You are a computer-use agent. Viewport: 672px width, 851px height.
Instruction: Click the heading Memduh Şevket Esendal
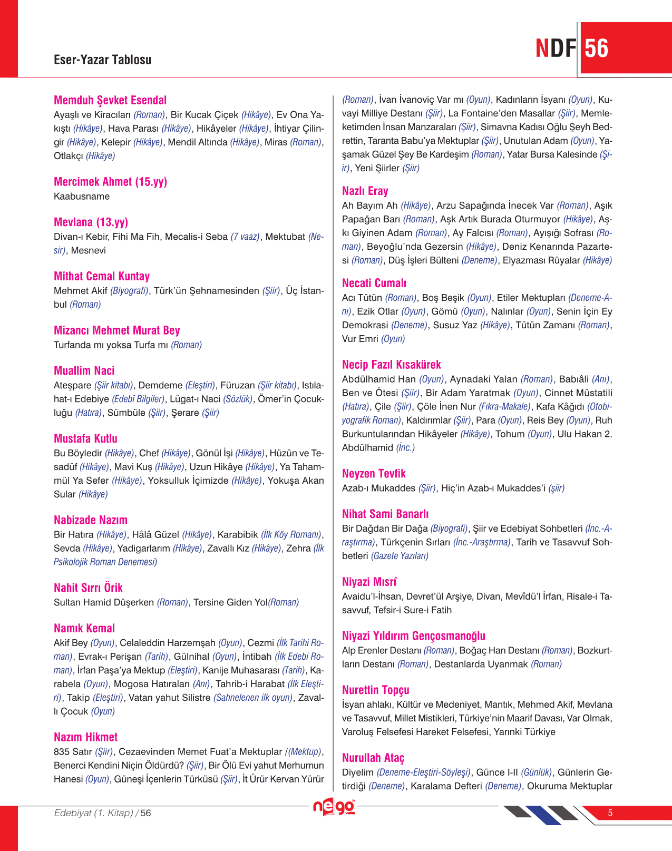[110, 100]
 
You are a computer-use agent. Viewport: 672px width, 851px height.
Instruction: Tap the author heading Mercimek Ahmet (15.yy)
[110, 182]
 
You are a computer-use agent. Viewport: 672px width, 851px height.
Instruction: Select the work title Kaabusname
[82, 197]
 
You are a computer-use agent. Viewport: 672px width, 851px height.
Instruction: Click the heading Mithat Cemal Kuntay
[102, 276]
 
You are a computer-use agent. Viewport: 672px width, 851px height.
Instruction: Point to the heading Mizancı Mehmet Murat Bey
[117, 330]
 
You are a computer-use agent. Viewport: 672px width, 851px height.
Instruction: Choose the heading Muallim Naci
[84, 370]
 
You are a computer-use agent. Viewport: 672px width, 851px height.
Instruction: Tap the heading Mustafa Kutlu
[85, 438]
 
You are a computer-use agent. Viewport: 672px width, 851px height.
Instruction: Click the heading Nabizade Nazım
[91, 520]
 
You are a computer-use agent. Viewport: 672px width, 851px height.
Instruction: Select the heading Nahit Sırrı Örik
[88, 588]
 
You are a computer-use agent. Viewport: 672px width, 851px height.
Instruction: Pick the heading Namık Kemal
[84, 628]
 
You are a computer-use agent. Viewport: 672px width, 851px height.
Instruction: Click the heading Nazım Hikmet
[85, 737]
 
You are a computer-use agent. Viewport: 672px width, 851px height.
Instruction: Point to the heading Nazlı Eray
[365, 191]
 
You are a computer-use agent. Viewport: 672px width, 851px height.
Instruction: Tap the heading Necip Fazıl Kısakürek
[391, 365]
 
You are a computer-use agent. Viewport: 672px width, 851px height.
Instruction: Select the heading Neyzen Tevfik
[374, 473]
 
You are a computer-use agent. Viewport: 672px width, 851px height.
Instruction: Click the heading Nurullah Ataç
[373, 758]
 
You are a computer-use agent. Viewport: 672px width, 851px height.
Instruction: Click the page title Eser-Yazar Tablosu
[102, 60]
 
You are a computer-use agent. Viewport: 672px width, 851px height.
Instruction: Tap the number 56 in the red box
[597, 48]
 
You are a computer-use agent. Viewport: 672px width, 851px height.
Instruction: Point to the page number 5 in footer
[610, 813]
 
